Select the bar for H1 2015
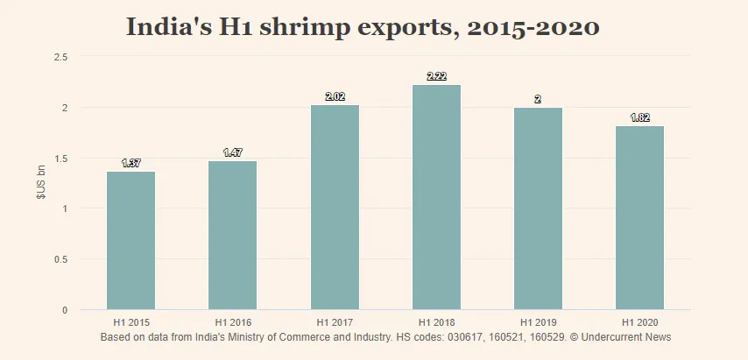pos(131,240)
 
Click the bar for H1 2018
pos(436,197)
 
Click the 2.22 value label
pos(436,76)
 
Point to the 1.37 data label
pos(131,163)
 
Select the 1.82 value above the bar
pos(639,117)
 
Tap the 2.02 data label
pos(335,96)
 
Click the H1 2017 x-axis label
pos(335,321)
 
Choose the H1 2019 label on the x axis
pos(538,321)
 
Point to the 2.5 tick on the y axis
pos(61,57)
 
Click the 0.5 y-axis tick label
pos(61,259)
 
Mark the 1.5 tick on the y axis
pos(61,159)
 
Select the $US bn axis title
pos(40,183)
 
